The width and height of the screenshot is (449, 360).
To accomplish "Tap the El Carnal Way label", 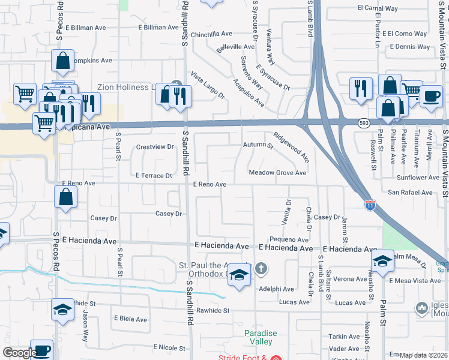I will (x=378, y=9).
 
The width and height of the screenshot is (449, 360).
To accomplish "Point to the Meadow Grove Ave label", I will (x=278, y=173).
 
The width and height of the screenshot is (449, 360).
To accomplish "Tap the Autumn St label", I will (x=258, y=145).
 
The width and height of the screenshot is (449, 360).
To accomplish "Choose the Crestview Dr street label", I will (x=155, y=146).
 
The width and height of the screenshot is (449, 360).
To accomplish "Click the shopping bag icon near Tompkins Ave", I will (x=62, y=61).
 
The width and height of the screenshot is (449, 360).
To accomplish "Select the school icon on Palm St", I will (x=382, y=260).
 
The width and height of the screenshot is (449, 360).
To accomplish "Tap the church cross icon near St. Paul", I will (x=261, y=268).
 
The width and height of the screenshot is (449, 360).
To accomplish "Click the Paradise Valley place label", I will (x=261, y=337).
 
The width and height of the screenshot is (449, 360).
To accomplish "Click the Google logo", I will (x=20, y=353).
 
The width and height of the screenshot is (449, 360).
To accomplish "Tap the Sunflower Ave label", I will (x=418, y=178).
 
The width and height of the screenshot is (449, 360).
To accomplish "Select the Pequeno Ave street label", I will (x=289, y=239).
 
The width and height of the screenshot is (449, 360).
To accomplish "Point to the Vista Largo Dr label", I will (x=208, y=85).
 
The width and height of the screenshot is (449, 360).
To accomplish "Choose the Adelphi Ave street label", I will (x=276, y=289).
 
